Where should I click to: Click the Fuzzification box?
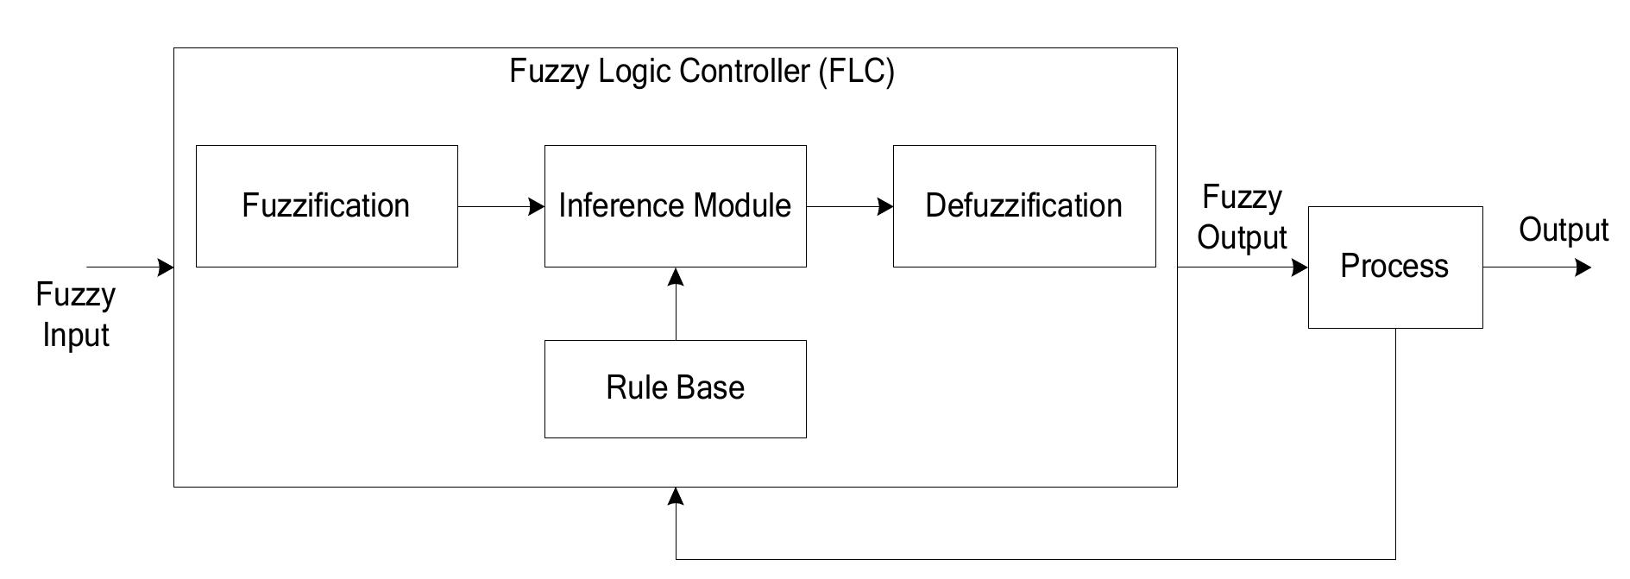(x=326, y=206)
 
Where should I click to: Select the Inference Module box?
(x=675, y=206)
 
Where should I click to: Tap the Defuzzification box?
(x=1023, y=206)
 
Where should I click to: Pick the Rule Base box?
(x=675, y=388)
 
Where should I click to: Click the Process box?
(x=1394, y=267)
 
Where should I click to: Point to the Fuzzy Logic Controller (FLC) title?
(x=702, y=71)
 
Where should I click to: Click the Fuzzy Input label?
(x=75, y=315)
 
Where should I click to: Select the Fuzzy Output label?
(x=1242, y=217)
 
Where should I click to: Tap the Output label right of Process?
(x=1563, y=230)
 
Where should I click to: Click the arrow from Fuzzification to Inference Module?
(x=500, y=207)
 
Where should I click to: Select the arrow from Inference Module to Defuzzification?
(x=849, y=207)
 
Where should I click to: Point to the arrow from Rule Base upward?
(x=676, y=304)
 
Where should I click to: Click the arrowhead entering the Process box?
(x=1299, y=267)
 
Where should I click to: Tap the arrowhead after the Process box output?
(x=1582, y=267)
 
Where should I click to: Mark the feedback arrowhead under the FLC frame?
(x=676, y=496)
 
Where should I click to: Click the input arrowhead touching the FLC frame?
(x=165, y=267)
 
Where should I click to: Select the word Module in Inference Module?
(x=742, y=206)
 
